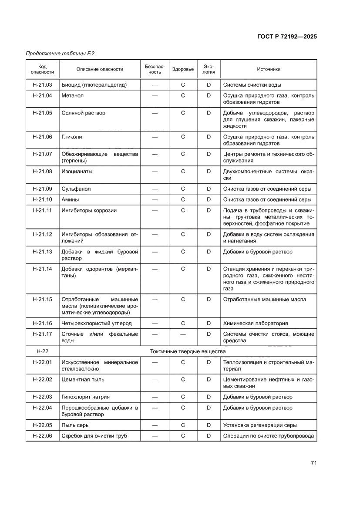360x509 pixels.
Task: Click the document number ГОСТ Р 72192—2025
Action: (x=286, y=37)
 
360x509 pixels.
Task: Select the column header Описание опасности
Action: (x=100, y=69)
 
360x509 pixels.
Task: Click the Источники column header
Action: (x=269, y=69)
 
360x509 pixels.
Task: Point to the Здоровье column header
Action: (x=183, y=69)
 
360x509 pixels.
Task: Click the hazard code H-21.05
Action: (x=42, y=113)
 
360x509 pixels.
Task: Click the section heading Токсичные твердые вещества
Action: (x=188, y=351)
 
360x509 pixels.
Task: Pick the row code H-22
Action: (x=42, y=351)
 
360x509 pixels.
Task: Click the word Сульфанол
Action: (x=76, y=189)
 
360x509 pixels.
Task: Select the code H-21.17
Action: (x=42, y=334)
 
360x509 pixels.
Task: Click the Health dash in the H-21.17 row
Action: (x=183, y=334)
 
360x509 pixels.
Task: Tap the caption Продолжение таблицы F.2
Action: (x=60, y=54)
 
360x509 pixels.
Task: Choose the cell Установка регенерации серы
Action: (x=260, y=425)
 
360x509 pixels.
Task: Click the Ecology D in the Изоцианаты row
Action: (x=209, y=172)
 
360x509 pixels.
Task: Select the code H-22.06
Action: (x=42, y=436)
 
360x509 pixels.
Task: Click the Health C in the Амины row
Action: (x=183, y=199)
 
